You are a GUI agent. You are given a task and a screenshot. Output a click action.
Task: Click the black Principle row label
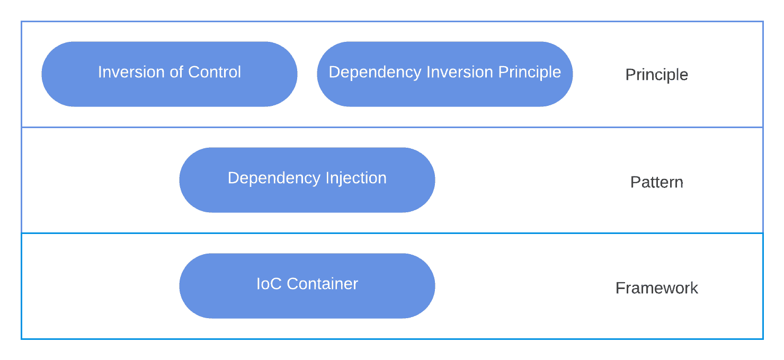pyautogui.click(x=656, y=75)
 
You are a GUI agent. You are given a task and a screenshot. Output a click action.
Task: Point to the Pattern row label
pyautogui.click(x=656, y=182)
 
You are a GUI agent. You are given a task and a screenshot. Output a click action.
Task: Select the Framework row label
pyautogui.click(x=656, y=288)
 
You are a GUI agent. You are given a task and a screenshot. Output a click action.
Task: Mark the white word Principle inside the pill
pyautogui.click(x=530, y=72)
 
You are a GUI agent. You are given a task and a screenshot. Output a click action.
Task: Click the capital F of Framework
pyautogui.click(x=620, y=288)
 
